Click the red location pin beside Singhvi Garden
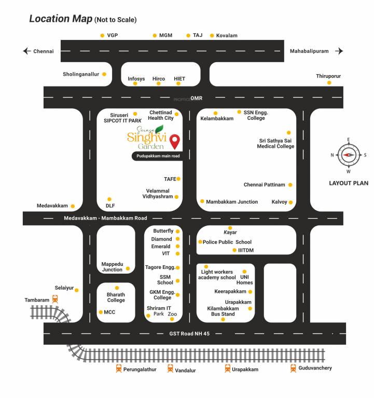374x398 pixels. click(176, 140)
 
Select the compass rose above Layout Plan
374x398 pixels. click(348, 155)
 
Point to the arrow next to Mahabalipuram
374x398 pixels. click(339, 51)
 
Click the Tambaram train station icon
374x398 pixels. click(54, 299)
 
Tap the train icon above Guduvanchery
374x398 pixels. click(294, 368)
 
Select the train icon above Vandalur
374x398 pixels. click(170, 368)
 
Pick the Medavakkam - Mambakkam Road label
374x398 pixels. click(105, 218)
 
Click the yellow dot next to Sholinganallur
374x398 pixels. click(104, 74)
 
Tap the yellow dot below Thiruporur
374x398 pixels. click(329, 82)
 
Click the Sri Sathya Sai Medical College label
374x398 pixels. click(275, 143)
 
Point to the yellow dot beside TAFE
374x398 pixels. click(178, 179)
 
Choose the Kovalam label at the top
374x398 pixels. click(227, 35)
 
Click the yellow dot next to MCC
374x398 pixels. click(101, 312)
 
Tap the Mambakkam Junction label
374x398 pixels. click(231, 202)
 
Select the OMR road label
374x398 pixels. click(196, 98)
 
